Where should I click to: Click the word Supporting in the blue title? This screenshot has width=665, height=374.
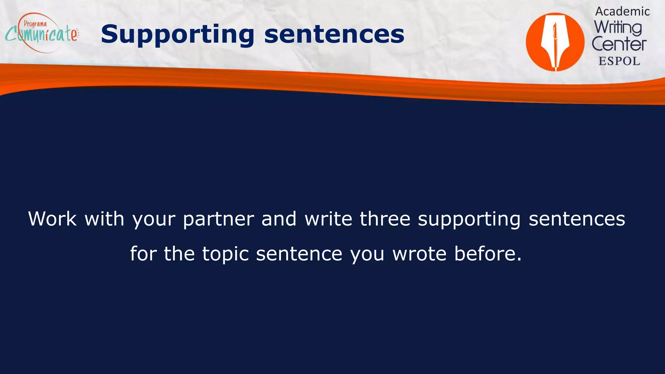[x=177, y=34]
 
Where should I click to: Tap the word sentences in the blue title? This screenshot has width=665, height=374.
[x=334, y=34]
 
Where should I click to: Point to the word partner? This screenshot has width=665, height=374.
[x=218, y=219]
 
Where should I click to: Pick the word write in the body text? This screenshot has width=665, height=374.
[x=328, y=218]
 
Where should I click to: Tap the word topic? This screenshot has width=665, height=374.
[x=226, y=254]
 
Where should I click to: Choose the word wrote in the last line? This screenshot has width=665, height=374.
[x=420, y=254]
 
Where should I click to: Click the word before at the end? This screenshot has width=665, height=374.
[x=487, y=254]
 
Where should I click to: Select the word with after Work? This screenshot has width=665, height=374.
[x=105, y=218]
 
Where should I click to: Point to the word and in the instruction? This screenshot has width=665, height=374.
[x=279, y=218]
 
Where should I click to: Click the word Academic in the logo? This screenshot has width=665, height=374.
[x=622, y=11]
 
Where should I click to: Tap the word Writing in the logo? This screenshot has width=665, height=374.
[x=618, y=28]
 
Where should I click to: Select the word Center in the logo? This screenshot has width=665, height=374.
[x=619, y=44]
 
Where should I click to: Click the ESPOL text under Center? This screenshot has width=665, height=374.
[x=619, y=61]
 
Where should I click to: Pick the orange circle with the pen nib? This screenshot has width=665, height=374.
[x=555, y=42]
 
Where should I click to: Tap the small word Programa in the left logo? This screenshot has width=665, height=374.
[x=35, y=24]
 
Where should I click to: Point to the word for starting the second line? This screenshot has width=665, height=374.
[x=143, y=254]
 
